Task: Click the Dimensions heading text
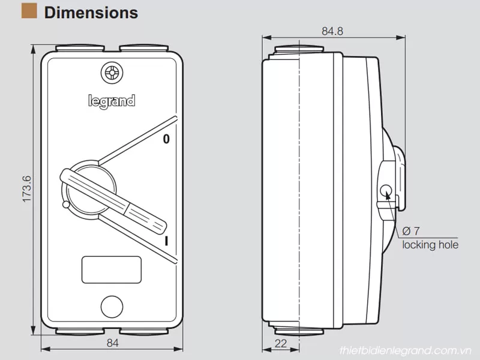[x=91, y=12]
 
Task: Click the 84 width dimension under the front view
[x=112, y=343]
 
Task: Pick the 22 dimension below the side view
[x=280, y=343]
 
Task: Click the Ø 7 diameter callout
[x=412, y=231]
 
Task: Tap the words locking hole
[x=430, y=245]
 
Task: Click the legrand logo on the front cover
[x=112, y=100]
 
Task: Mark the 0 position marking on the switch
[x=166, y=139]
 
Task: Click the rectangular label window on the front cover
[x=111, y=269]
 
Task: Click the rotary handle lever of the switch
[x=114, y=199]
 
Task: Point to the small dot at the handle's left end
[x=65, y=205]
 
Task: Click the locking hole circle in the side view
[x=386, y=192]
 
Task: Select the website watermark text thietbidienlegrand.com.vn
[x=406, y=350]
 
